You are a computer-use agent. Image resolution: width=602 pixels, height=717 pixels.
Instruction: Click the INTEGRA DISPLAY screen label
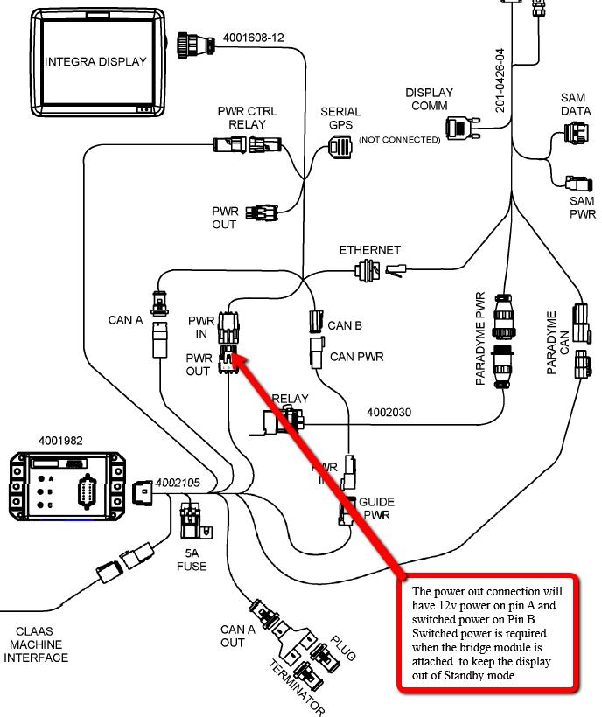click(96, 61)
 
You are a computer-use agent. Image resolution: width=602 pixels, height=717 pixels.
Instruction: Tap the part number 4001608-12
click(254, 38)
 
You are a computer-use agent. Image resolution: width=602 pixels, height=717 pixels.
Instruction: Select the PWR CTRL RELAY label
click(247, 118)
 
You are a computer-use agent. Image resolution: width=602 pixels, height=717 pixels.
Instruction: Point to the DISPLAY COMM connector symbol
click(459, 129)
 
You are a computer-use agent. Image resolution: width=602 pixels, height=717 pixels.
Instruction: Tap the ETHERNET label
click(370, 251)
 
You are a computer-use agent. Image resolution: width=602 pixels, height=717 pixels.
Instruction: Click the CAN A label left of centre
click(125, 320)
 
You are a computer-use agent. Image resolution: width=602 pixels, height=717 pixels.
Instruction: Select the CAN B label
click(345, 326)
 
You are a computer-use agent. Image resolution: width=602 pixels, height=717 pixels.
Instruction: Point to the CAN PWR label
click(357, 357)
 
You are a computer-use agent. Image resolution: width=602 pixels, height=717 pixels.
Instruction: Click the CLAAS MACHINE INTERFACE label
click(36, 644)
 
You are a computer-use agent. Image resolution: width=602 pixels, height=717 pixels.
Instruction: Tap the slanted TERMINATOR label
click(297, 689)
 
